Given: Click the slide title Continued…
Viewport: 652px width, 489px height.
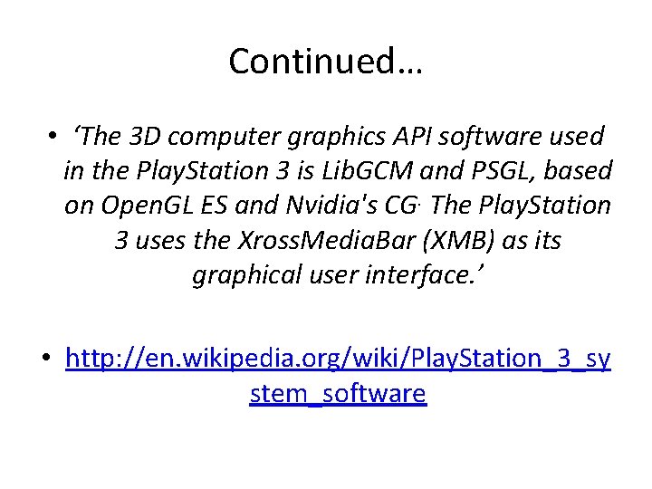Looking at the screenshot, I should tap(326, 62).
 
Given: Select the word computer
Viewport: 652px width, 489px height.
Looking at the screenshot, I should tap(223, 137).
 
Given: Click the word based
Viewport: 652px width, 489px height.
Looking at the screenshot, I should tap(580, 171).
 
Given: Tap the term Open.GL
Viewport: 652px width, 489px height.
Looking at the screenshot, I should tap(144, 206).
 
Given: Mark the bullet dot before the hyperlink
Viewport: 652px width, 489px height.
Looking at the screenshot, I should tap(44, 359).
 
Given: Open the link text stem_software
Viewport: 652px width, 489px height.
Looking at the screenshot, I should tap(337, 394).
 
